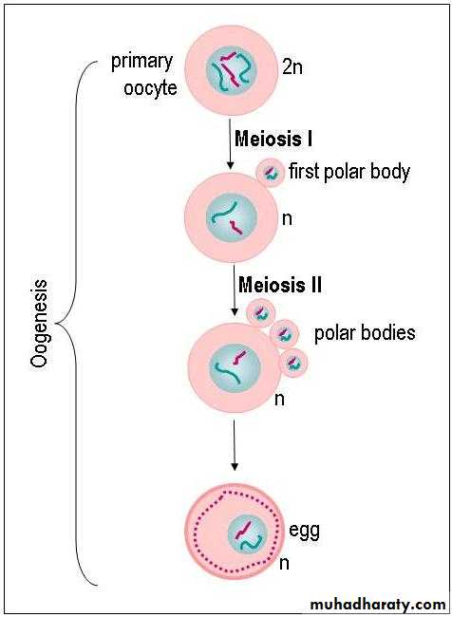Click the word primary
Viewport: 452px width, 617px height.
pos(142,63)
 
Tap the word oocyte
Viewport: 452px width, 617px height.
pos(150,87)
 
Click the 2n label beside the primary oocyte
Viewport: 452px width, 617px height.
pos(292,67)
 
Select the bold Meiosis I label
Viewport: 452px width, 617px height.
pos(273,139)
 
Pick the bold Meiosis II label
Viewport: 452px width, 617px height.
pos(280,285)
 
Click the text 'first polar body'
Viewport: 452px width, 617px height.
pos(349,172)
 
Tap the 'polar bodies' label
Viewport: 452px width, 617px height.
pos(365,333)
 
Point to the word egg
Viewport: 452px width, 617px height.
pos(305,532)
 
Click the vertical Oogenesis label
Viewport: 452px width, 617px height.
pos(39,325)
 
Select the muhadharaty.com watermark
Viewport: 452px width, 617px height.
pos(378,604)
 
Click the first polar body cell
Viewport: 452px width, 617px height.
pos(271,172)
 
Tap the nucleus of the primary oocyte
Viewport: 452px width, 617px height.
pos(232,70)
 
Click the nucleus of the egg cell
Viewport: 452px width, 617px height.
pos(248,534)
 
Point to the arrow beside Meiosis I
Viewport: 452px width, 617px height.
pos(231,144)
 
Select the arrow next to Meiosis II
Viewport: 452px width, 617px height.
pos(235,290)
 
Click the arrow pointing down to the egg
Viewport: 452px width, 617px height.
pos(235,445)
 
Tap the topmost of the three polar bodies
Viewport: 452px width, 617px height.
pos(260,313)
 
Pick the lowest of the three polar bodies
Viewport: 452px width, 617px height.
pos(293,363)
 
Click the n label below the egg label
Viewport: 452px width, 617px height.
pos(284,564)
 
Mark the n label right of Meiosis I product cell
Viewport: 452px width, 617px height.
pos(287,219)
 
